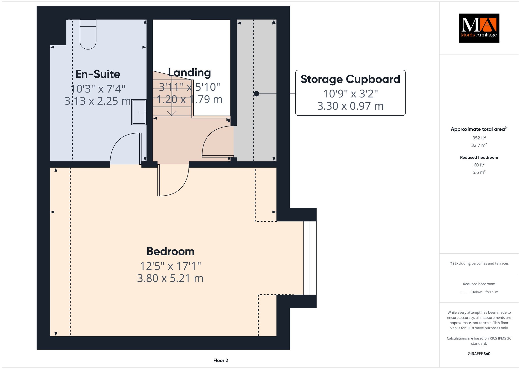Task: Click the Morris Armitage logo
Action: (479, 28)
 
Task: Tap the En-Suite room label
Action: (98, 74)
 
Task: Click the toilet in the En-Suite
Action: (88, 34)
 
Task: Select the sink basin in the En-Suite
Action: (139, 112)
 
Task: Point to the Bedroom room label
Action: (170, 252)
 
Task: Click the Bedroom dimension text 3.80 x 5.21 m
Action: (170, 278)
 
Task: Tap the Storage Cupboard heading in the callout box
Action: (350, 79)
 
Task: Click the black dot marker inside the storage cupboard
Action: (256, 94)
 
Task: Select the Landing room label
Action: (190, 73)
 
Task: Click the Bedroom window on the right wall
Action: (310, 258)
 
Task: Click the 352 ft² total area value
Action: (479, 138)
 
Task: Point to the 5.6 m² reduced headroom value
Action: (479, 172)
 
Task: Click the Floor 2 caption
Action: (221, 360)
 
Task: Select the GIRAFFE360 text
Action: (479, 354)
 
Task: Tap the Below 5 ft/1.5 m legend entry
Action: (485, 292)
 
